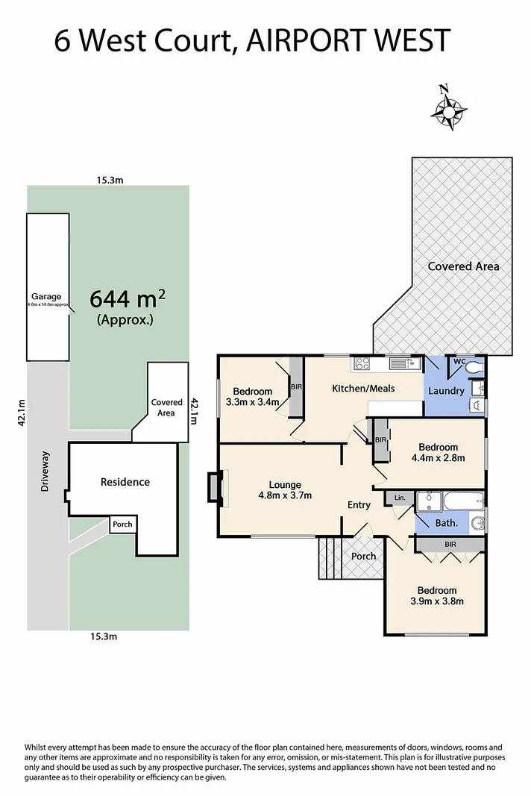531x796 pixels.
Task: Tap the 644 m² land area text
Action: point(128,298)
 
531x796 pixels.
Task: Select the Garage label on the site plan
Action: point(46,296)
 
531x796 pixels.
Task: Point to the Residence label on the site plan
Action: point(125,482)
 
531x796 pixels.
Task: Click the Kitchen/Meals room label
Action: point(363,388)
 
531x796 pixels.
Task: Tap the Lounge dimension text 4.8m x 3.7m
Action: point(285,495)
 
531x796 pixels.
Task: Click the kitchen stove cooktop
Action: point(362,364)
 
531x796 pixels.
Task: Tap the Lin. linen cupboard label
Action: point(399,497)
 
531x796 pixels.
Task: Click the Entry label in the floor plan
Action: point(359,505)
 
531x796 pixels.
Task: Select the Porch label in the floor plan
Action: point(364,557)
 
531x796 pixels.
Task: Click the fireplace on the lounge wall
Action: point(215,486)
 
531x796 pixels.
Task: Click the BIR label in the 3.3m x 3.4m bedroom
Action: point(296,387)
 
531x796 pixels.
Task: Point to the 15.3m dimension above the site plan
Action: point(109,180)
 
